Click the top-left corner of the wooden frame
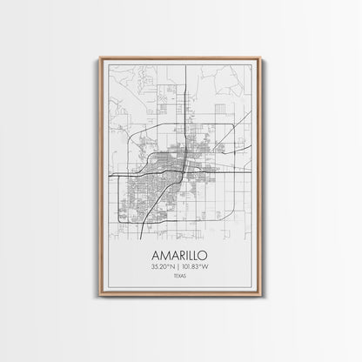[101, 58]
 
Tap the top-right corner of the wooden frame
[260, 58]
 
